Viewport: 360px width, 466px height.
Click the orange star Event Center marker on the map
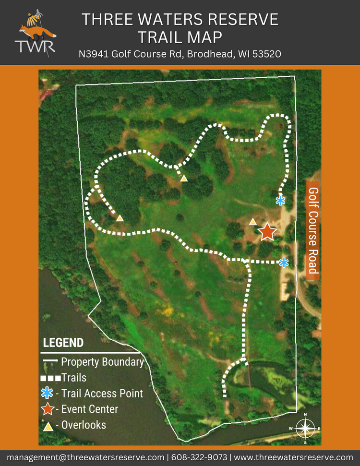point(267,232)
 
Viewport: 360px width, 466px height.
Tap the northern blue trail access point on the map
point(280,201)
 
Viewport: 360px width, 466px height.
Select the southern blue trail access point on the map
point(284,263)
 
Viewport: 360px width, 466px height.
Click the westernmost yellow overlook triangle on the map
point(120,218)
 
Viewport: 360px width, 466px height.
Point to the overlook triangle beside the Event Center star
point(252,222)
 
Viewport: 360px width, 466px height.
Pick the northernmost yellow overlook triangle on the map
point(184,179)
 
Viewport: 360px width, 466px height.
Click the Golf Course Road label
point(313,231)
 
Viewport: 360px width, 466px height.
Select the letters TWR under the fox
point(35,47)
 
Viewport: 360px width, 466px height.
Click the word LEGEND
point(63,343)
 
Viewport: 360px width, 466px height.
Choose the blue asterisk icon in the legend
point(47,394)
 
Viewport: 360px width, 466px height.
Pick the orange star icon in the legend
point(47,409)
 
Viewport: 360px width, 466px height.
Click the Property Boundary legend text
point(102,362)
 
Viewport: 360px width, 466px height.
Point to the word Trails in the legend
point(74,378)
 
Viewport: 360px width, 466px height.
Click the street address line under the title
point(180,54)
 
